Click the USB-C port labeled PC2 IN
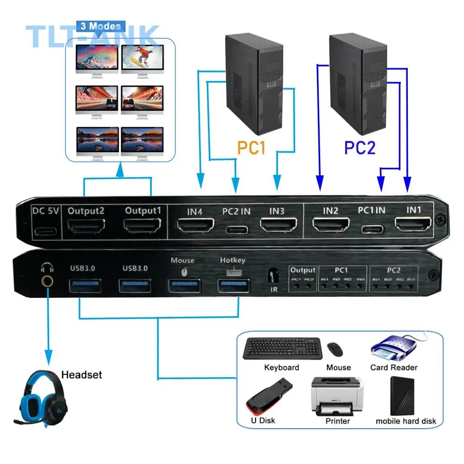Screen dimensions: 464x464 [x=236, y=229]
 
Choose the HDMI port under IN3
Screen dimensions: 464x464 [x=277, y=226]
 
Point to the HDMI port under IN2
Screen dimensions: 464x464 [x=330, y=226]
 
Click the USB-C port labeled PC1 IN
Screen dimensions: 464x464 [x=373, y=228]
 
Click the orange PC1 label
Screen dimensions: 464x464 [x=251, y=148]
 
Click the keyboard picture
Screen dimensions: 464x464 [x=281, y=348]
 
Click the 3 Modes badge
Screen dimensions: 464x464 [x=100, y=26]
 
